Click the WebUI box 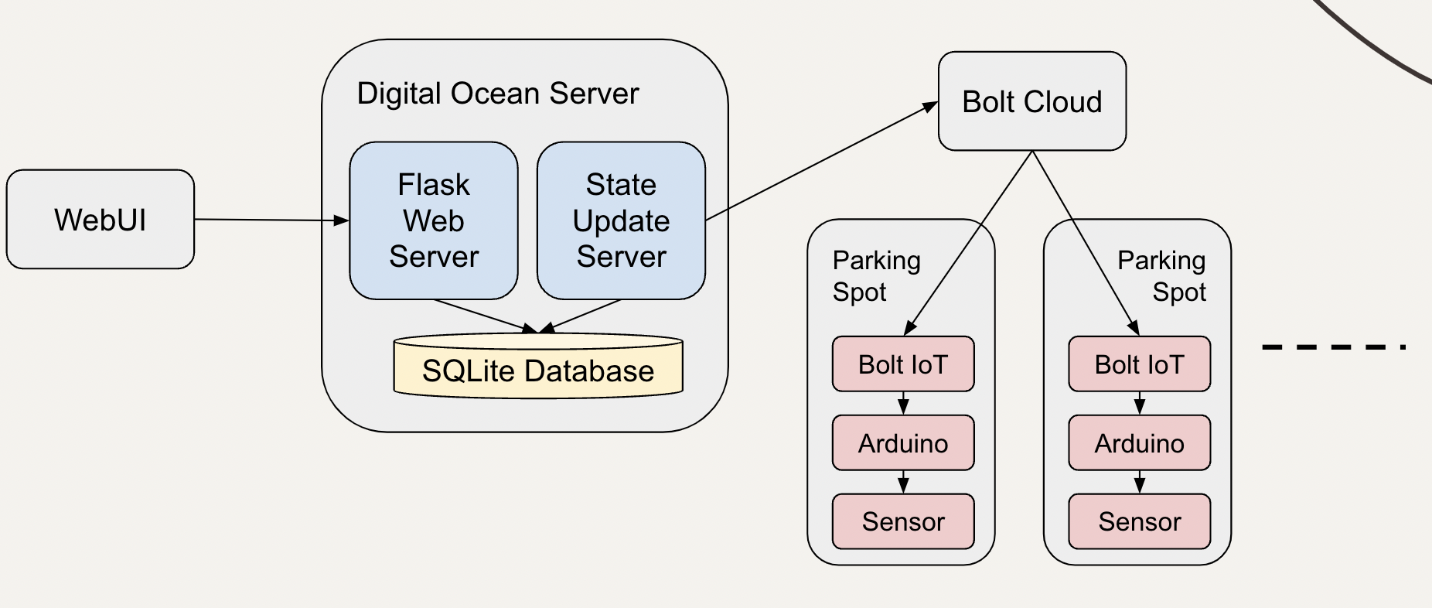101,220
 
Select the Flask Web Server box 433,220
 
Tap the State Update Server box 621,220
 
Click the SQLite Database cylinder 538,371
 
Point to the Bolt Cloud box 1031,101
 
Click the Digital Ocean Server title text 497,94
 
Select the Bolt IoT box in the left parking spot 902,364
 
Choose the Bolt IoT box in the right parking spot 1139,364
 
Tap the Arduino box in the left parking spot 902,443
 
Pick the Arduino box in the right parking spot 1139,443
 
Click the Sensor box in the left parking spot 902,521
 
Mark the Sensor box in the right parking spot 1139,521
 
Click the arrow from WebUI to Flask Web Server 271,220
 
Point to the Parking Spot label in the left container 876,276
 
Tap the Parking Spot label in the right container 1161,276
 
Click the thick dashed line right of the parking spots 1333,347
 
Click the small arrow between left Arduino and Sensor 903,482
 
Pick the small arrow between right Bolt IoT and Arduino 1139,403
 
